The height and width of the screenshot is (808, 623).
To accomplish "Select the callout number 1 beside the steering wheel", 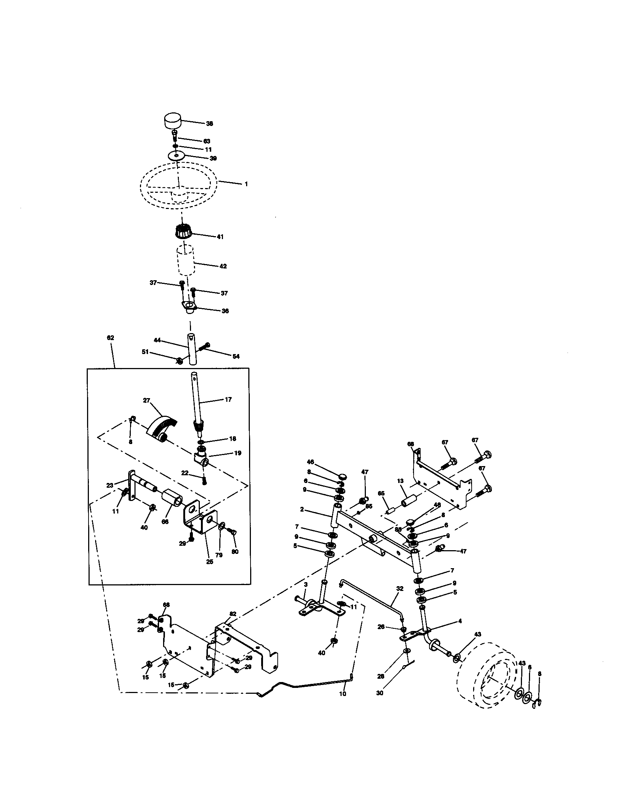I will pos(246,184).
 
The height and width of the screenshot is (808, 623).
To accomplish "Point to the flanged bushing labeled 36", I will pos(189,307).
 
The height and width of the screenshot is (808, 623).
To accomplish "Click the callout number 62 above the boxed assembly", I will pos(110,338).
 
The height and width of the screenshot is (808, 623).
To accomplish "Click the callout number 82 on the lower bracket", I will pos(233,614).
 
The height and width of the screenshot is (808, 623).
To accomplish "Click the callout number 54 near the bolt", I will pos(236,356).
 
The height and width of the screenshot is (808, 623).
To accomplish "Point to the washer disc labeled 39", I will pos(176,155).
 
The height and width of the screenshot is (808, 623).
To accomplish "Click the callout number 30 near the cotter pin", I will pos(379,693).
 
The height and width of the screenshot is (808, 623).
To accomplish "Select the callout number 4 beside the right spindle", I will pos(460,621).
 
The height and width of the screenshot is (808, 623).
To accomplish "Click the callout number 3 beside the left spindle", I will pos(306,585).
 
